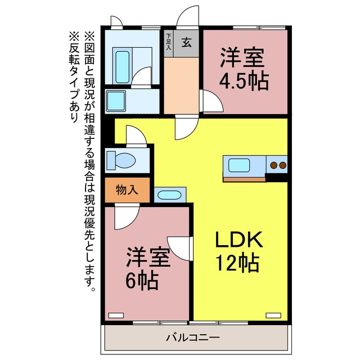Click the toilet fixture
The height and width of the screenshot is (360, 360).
pyautogui.click(x=121, y=160)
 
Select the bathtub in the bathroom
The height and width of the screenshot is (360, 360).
pyautogui.click(x=123, y=67)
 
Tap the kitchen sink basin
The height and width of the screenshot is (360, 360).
pyautogui.click(x=239, y=165)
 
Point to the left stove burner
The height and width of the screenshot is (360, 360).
pyautogui.click(x=273, y=165)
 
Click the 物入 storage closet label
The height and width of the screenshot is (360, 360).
pyautogui.click(x=127, y=190)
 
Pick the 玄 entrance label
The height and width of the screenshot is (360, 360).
pyautogui.click(x=186, y=43)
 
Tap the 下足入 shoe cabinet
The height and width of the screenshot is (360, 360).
pyautogui.click(x=169, y=44)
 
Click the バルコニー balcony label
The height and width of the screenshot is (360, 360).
pyautogui.click(x=193, y=337)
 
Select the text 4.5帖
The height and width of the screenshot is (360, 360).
pyautogui.click(x=244, y=81)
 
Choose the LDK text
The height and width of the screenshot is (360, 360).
pyautogui.click(x=239, y=240)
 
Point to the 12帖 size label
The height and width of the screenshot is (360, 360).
pyautogui.click(x=237, y=263)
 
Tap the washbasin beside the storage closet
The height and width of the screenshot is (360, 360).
pyautogui.click(x=169, y=195)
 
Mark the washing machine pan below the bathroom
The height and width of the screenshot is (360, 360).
pyautogui.click(x=116, y=101)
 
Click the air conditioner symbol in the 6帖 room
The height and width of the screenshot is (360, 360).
pyautogui.click(x=116, y=316)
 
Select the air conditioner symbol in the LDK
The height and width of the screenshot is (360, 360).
pyautogui.click(x=273, y=316)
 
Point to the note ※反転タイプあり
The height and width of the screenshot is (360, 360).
pyautogui.click(x=74, y=77)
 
